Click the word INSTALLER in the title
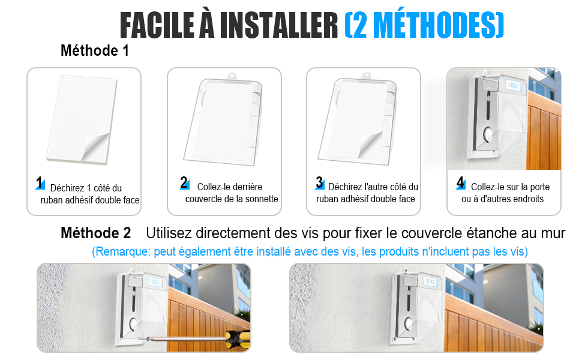click(x=279, y=25)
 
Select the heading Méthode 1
click(x=95, y=50)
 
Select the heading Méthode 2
click(x=96, y=233)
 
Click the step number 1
click(x=40, y=182)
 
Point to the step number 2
click(x=184, y=182)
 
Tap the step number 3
click(x=320, y=182)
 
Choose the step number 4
click(x=460, y=182)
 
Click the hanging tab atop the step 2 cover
click(x=232, y=76)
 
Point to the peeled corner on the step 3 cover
click(x=370, y=145)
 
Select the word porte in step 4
click(x=539, y=187)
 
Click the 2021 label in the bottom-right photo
click(x=430, y=281)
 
